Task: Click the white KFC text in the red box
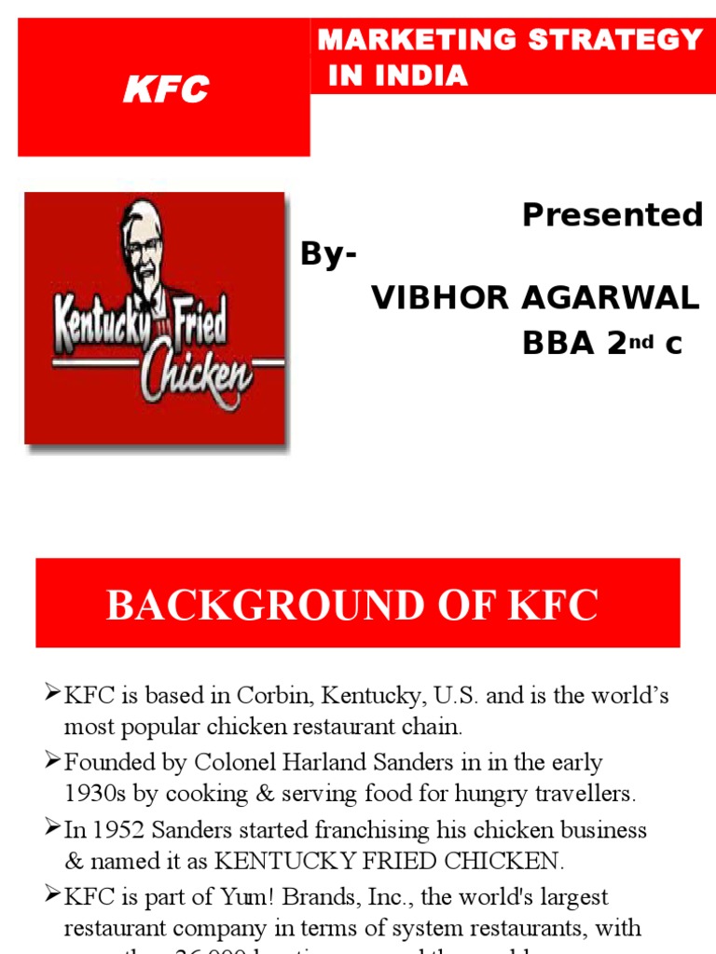coord(167,90)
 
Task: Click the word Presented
coord(612,215)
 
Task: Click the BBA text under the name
coord(558,344)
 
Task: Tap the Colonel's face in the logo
coord(143,248)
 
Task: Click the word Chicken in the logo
coord(197,374)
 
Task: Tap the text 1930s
coord(94,795)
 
